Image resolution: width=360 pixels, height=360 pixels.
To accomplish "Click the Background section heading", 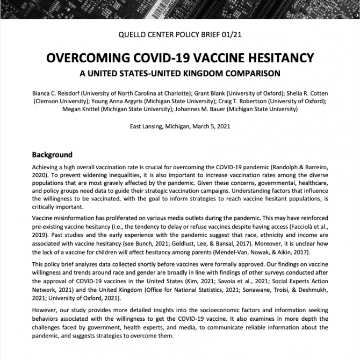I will point(52,155).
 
